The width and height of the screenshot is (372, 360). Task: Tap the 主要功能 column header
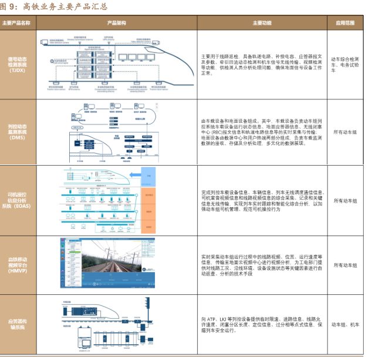[262, 23]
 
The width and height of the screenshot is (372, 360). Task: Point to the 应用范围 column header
[346, 23]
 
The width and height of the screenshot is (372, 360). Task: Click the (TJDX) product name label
[17, 70]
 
